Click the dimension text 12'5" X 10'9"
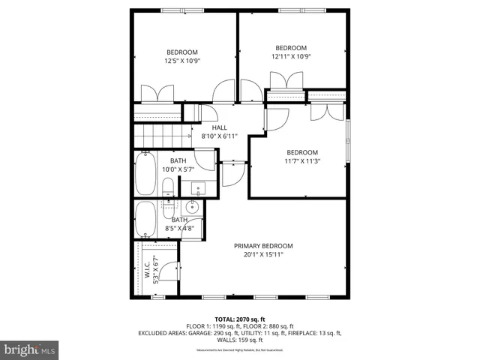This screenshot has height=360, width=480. click(183, 61)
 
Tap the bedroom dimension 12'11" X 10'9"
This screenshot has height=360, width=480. click(290, 56)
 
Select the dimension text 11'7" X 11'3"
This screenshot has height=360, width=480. click(302, 160)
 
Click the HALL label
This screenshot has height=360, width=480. click(219, 127)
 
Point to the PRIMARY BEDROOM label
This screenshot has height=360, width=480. click(262, 246)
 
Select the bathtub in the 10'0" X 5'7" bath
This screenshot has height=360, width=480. click(144, 175)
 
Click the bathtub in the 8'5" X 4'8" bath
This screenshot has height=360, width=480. click(145, 220)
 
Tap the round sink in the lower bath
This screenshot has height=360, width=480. click(191, 208)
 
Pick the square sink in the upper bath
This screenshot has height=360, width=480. click(199, 188)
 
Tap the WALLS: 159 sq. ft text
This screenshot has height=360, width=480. click(239, 340)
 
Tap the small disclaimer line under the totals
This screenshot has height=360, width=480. click(239, 350)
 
